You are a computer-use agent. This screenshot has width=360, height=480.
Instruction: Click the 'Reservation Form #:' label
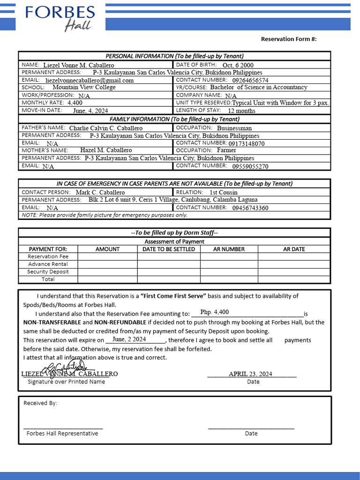(289, 39)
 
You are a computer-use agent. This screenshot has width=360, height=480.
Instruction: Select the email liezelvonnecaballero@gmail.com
(90, 80)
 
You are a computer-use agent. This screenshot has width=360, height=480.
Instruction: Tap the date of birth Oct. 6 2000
(238, 65)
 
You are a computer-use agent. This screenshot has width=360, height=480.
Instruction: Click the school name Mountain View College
(84, 87)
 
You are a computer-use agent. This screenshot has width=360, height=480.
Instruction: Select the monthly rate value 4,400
(75, 102)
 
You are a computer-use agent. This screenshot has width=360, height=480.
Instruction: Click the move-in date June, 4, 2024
(90, 111)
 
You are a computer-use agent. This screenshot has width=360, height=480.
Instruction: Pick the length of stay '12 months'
(241, 111)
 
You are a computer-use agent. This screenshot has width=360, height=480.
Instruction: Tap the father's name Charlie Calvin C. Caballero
(106, 128)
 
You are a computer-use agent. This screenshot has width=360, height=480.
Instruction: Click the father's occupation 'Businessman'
(234, 128)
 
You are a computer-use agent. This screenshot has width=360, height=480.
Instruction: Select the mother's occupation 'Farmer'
(226, 150)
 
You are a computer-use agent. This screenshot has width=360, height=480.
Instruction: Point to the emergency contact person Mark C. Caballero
(100, 192)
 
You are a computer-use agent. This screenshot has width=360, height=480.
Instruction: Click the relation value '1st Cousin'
(223, 192)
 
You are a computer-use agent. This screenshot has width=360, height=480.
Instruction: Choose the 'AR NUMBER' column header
(229, 249)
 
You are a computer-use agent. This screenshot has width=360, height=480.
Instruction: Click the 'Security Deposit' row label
(48, 271)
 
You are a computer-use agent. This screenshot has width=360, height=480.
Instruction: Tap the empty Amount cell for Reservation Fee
(107, 256)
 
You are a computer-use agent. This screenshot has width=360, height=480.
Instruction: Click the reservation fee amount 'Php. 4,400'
(215, 312)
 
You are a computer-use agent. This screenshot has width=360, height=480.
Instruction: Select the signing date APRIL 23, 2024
(250, 374)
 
